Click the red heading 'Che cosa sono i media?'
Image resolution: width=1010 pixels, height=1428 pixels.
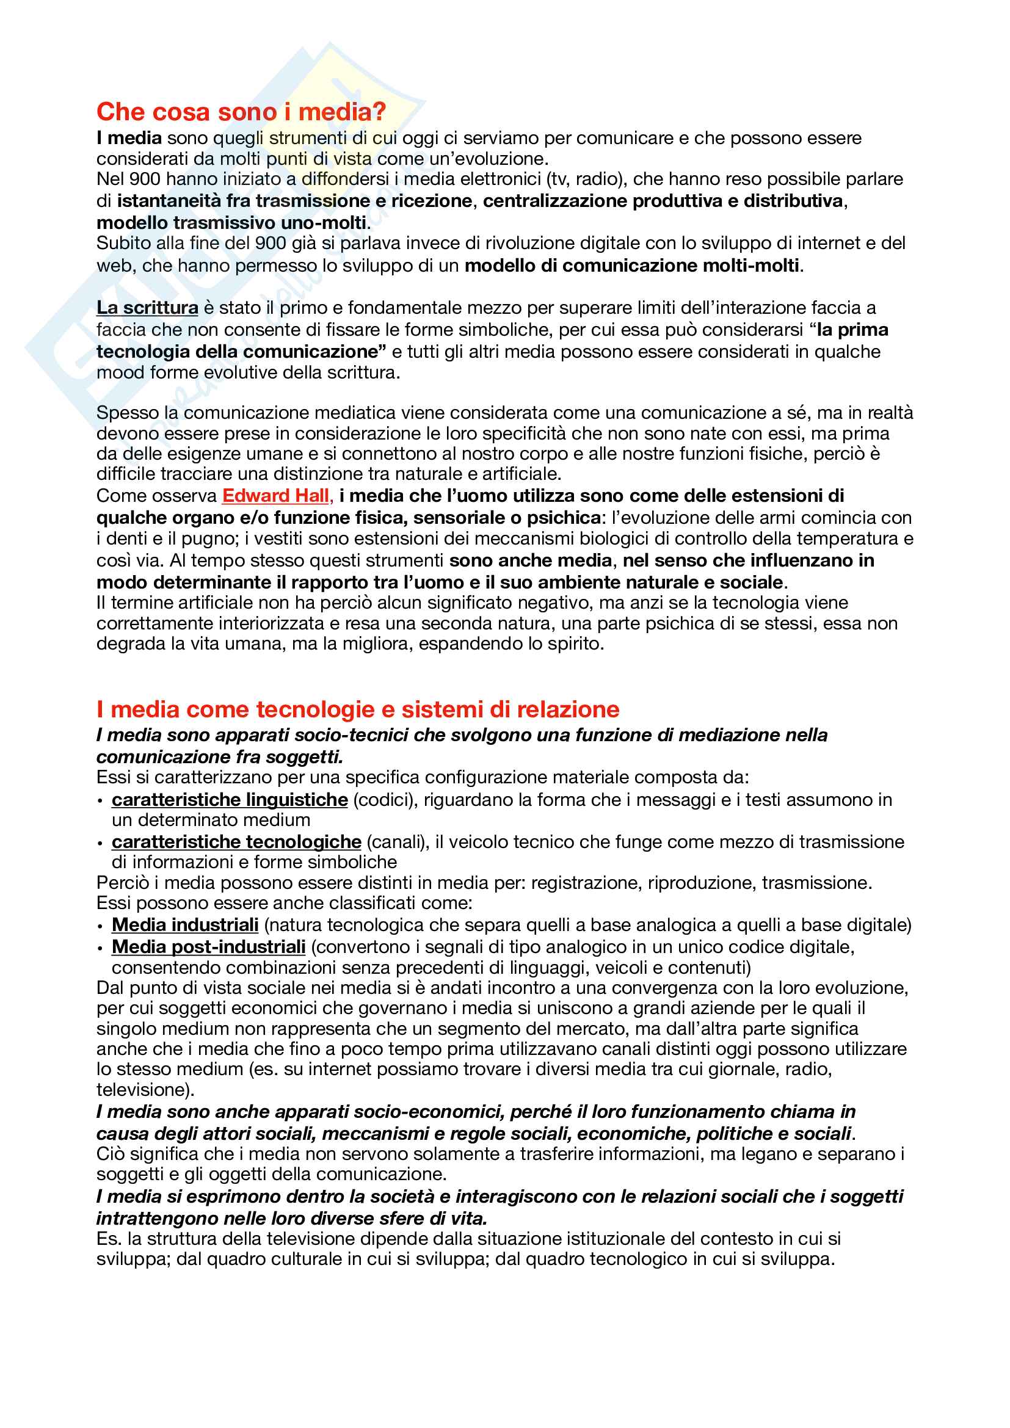(241, 112)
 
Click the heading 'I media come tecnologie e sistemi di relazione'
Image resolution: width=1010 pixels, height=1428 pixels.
(358, 709)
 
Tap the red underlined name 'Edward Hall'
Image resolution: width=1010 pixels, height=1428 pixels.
(275, 496)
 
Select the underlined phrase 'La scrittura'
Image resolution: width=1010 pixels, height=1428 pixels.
(147, 308)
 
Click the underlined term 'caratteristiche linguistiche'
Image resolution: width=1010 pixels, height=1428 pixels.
(230, 799)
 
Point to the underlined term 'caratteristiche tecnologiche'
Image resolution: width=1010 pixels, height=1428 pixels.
(236, 841)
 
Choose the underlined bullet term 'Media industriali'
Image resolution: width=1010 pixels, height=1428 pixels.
(186, 925)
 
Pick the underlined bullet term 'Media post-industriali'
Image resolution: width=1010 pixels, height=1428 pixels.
(208, 947)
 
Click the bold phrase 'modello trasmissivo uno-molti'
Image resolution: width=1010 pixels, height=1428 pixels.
(231, 223)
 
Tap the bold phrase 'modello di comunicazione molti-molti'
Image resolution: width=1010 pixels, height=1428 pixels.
(632, 266)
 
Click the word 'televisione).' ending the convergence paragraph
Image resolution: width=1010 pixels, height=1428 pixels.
(145, 1090)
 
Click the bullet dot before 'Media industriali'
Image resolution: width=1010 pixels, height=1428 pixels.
(100, 926)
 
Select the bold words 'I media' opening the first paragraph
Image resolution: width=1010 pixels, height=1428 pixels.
(129, 138)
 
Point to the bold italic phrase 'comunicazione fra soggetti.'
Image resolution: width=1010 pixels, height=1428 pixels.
(220, 757)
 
